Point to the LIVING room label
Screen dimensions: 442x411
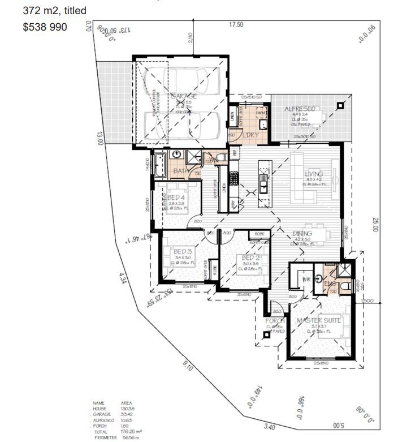tap(313, 174)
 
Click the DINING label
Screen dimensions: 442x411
tap(302, 233)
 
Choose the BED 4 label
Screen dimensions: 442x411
tap(176, 198)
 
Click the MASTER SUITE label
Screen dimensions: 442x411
tap(319, 320)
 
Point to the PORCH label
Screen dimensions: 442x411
tap(275, 321)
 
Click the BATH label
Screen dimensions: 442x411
tap(180, 170)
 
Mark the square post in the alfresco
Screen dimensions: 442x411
tap(340, 105)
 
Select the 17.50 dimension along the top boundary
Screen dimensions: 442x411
tap(236, 25)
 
